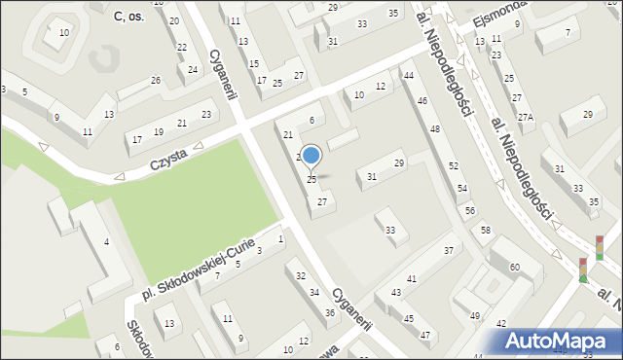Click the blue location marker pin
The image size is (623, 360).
point(311,156)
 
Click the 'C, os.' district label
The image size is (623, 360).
point(129,17)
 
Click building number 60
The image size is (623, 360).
point(513,267)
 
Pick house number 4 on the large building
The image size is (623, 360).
point(106,241)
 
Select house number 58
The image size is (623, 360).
point(485,229)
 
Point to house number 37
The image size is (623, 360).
point(449,251)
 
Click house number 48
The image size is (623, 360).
point(435,128)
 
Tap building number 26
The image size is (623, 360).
point(156,80)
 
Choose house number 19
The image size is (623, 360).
point(159,132)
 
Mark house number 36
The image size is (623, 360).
point(330,312)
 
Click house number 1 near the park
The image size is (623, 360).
point(280,238)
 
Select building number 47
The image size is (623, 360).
point(425,335)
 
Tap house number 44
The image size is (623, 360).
point(409,76)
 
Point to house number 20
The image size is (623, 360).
point(173,20)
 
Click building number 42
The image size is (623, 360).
point(500,323)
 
